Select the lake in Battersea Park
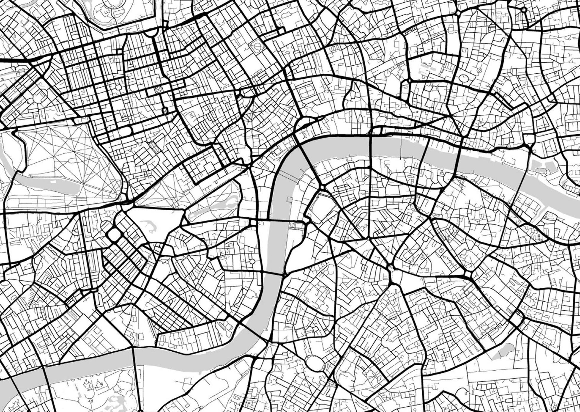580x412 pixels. pos(115,401)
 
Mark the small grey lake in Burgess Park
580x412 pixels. pos(501,352)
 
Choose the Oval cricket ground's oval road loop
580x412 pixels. pos(313,363)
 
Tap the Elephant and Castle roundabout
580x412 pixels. pos(391,269)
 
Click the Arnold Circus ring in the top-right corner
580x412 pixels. pos(524,10)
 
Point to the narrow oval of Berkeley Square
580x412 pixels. pos(153,147)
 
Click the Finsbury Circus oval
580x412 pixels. pos(463,78)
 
